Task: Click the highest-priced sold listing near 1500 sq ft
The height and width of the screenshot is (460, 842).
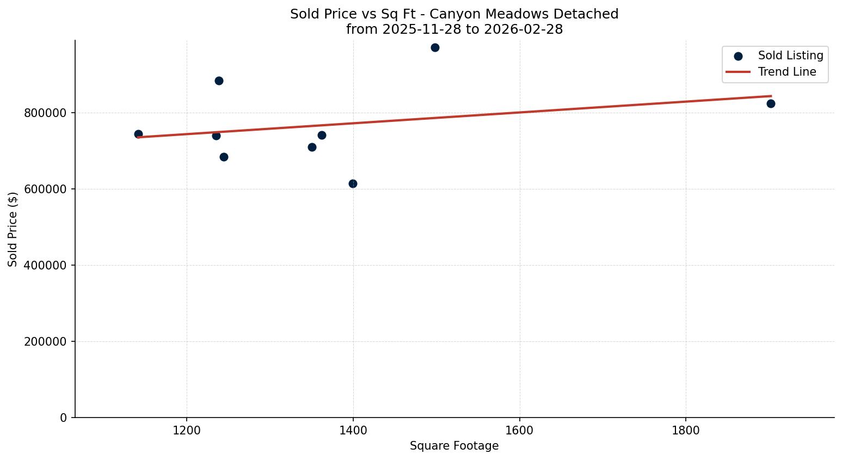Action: pos(435,47)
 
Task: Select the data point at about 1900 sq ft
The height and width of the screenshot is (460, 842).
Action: pos(771,103)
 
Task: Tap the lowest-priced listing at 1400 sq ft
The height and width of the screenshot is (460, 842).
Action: pos(353,183)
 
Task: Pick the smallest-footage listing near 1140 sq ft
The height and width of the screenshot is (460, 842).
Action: pos(138,134)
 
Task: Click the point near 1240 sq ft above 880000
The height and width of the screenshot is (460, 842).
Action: pos(219,81)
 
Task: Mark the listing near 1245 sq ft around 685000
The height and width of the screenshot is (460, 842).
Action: pos(224,157)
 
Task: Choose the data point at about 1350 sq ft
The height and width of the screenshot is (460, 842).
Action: pos(312,147)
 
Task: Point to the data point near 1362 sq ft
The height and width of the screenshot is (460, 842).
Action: pos(322,135)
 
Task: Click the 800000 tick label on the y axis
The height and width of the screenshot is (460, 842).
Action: pos(45,113)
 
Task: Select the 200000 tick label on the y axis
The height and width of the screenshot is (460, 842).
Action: pos(45,342)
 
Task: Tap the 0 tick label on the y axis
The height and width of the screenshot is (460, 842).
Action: pos(64,418)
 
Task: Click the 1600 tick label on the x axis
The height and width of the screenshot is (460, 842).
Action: pos(519,430)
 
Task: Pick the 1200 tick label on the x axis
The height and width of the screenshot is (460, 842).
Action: pos(187,430)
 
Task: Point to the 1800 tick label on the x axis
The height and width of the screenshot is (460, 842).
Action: pos(685,430)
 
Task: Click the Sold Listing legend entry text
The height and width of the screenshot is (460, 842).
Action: pos(790,56)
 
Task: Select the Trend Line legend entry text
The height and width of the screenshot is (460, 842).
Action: pos(787,72)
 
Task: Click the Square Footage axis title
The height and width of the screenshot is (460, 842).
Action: pos(454,446)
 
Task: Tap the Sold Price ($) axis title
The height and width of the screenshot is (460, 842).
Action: pos(13,229)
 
